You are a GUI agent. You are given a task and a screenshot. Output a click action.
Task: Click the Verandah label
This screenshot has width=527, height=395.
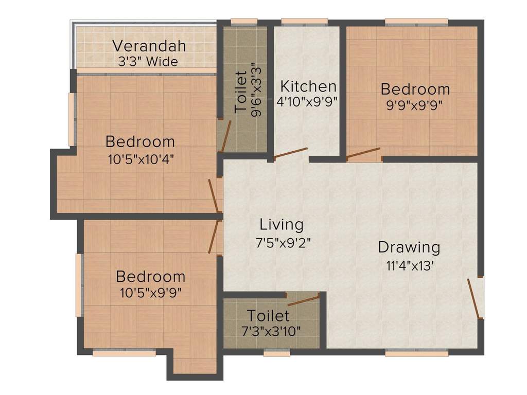(149, 46)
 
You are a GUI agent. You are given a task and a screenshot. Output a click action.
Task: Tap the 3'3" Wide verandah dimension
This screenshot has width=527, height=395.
(148, 62)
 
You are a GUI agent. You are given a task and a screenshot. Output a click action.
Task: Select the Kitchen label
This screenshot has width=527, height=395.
(308, 86)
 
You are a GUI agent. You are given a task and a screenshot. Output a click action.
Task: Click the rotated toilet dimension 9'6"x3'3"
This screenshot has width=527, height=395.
(256, 89)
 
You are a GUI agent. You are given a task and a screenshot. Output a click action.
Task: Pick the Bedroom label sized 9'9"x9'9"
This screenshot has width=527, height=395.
(415, 89)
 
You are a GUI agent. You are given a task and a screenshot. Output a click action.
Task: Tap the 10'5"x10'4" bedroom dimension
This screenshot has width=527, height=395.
(140, 159)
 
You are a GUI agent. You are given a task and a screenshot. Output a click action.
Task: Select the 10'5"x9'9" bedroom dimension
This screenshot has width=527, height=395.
(150, 293)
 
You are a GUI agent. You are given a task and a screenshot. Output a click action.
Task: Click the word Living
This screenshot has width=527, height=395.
(282, 225)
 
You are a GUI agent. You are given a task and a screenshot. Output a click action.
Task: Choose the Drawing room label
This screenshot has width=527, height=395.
(409, 247)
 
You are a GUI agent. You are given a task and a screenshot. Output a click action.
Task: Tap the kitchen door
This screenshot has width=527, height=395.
(291, 153)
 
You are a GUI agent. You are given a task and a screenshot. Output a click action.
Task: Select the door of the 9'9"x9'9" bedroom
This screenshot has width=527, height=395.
(363, 152)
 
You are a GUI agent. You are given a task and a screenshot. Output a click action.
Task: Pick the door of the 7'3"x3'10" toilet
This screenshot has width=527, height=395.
(303, 301)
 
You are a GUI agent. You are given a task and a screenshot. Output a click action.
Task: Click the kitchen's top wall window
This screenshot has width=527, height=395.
(305, 22)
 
